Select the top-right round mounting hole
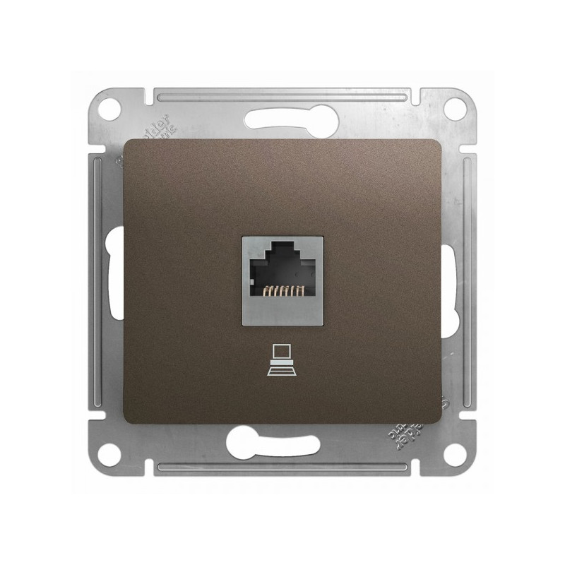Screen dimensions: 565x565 (x=456, y=109)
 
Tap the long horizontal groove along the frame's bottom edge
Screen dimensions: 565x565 (x=282, y=468)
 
